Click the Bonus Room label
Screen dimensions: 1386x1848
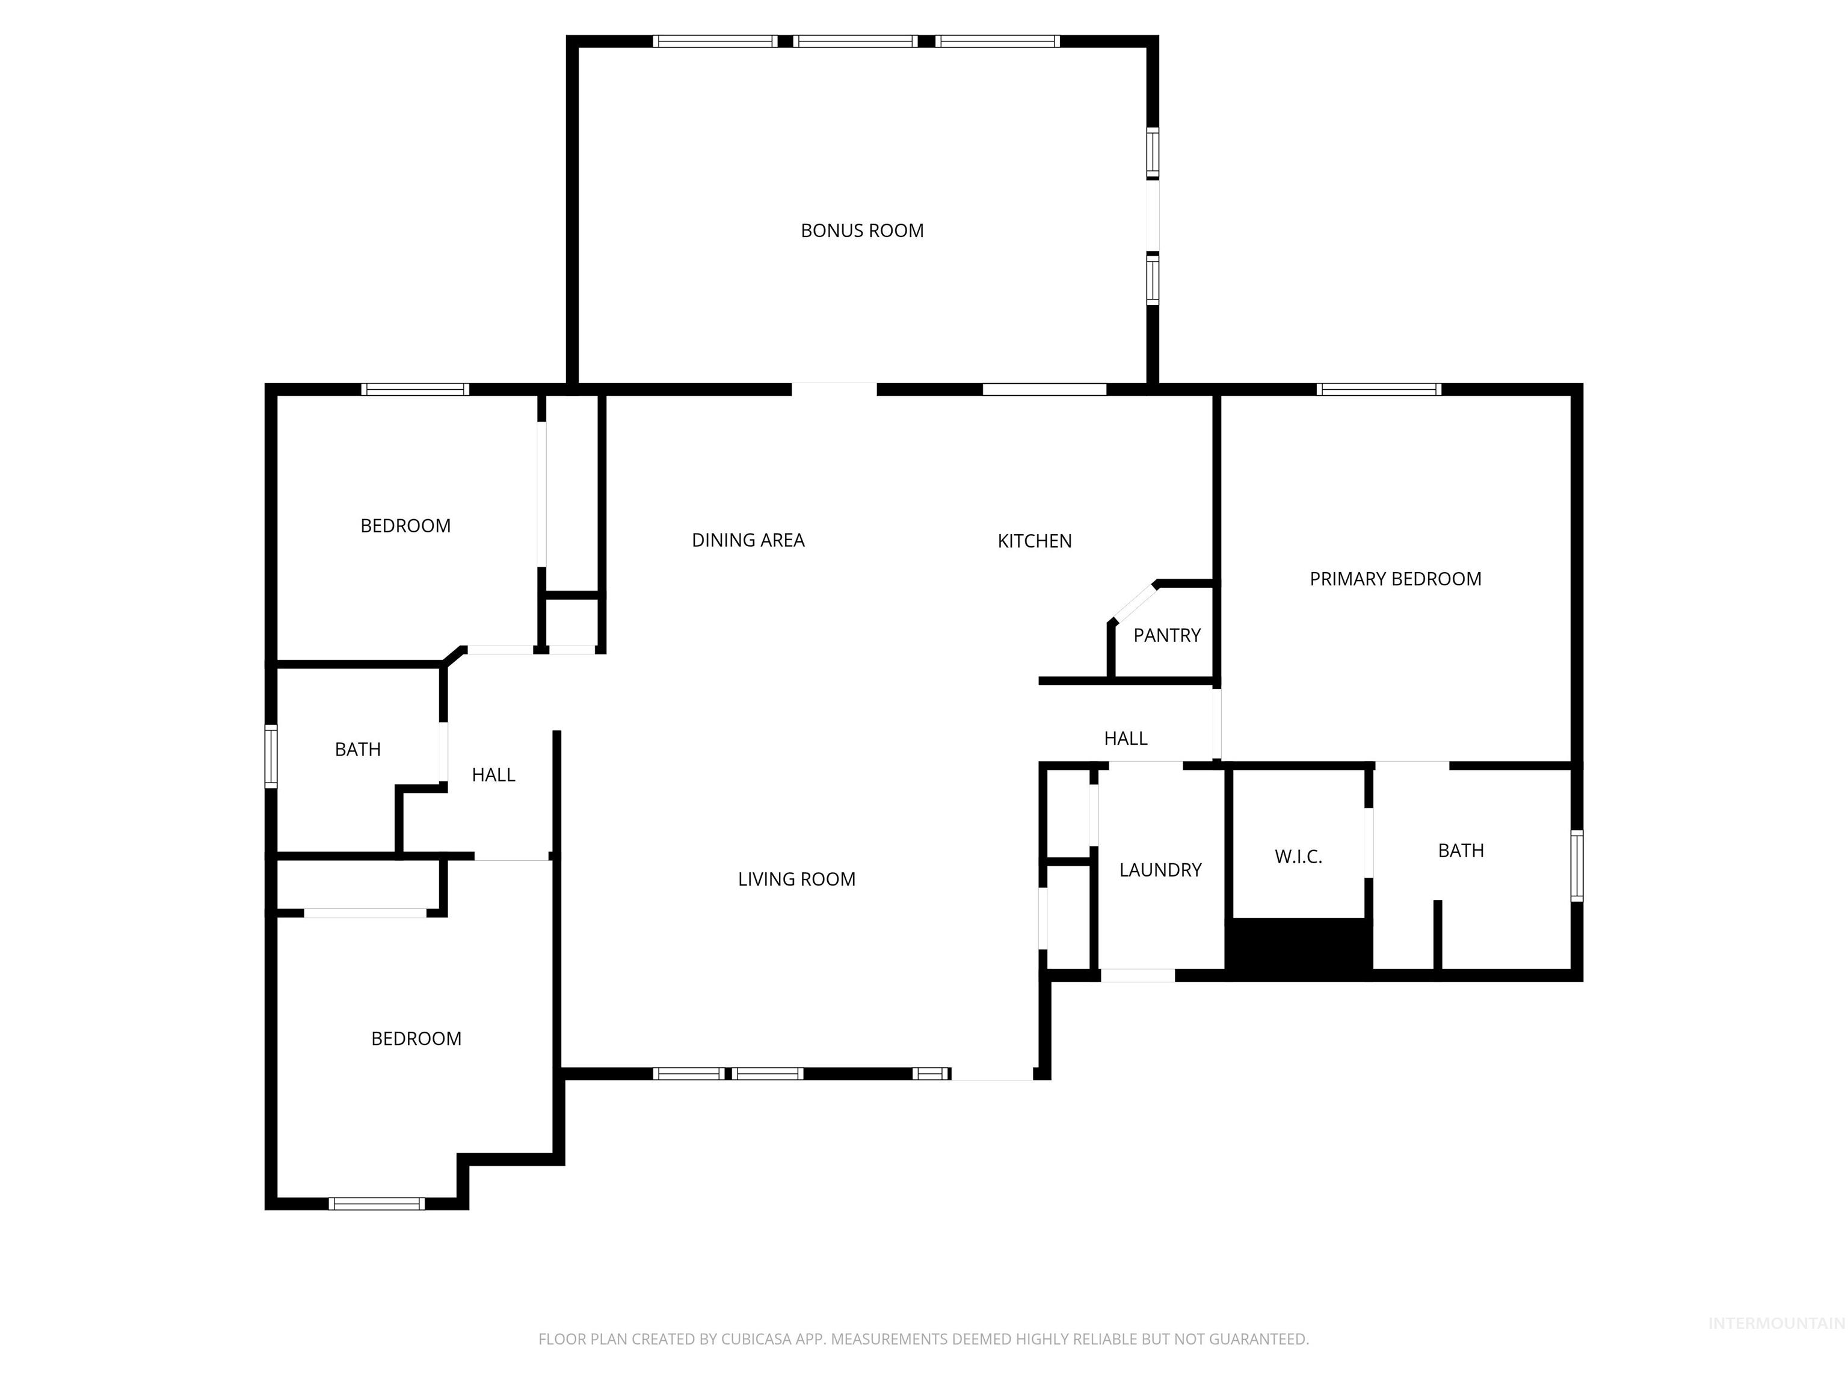click(x=861, y=230)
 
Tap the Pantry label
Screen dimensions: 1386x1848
click(x=1166, y=635)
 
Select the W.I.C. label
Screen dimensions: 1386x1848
click(x=1298, y=857)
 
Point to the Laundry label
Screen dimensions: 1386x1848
click(x=1160, y=870)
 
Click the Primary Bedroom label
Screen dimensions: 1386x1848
click(x=1394, y=579)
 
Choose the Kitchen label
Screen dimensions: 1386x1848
click(x=1033, y=541)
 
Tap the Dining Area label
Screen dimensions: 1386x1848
click(x=748, y=540)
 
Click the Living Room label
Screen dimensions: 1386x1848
click(x=796, y=879)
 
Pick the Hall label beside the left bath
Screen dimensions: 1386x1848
click(x=493, y=774)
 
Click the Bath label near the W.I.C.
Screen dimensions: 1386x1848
click(x=1461, y=851)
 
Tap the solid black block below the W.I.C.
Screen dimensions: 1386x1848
click(x=1298, y=947)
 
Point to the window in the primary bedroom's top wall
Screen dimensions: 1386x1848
click(x=1379, y=389)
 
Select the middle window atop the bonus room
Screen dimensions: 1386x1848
click(x=855, y=41)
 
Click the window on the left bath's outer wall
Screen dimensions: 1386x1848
click(x=271, y=756)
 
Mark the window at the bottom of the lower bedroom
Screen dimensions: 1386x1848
click(x=376, y=1204)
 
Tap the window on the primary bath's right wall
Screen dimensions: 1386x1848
click(x=1577, y=866)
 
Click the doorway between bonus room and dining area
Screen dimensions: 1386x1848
click(x=834, y=389)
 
